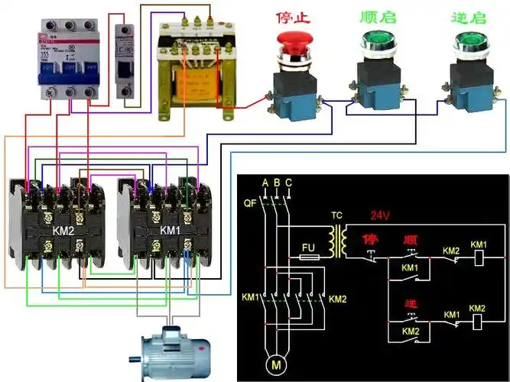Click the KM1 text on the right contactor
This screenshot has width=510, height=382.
[x=171, y=229]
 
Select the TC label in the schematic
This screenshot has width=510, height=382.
[x=336, y=215]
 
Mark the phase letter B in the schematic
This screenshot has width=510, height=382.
[x=277, y=183]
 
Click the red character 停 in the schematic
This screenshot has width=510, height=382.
[x=372, y=239]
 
